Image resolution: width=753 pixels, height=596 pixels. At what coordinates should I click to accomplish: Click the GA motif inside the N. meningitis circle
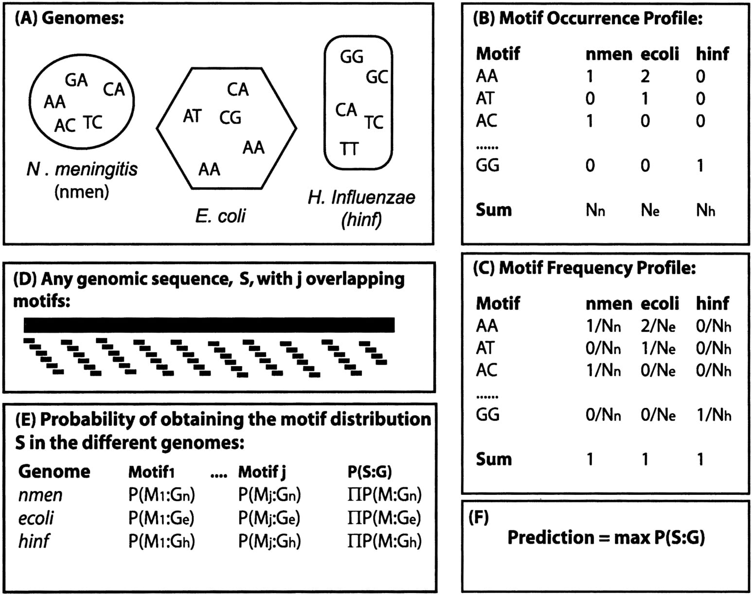(76, 80)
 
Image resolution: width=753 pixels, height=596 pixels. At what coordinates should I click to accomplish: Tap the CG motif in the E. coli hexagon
(230, 118)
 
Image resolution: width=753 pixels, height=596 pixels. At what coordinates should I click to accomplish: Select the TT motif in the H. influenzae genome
(349, 149)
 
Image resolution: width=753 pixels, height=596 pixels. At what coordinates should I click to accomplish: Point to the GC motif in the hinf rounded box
(377, 77)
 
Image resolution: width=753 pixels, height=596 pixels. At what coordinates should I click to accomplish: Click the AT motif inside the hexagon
(193, 116)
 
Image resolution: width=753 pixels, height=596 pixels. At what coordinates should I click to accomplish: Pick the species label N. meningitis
(82, 169)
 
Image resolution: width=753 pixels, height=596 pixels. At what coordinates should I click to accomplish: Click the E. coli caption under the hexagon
(220, 215)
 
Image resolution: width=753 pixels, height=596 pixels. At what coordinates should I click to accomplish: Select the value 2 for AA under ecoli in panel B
(645, 76)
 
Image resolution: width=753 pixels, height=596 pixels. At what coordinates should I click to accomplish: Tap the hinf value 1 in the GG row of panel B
(700, 165)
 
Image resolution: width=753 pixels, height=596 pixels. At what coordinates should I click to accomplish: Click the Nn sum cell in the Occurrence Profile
(595, 210)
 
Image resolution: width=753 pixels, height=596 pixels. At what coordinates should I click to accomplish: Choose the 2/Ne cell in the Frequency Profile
(658, 326)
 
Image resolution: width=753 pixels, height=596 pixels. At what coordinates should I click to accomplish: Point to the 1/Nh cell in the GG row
(714, 415)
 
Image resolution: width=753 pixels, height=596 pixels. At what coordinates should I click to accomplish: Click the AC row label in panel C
(486, 370)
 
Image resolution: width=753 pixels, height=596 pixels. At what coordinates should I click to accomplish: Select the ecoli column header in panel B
(660, 54)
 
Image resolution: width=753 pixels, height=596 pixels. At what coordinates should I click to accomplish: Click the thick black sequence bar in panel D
(209, 325)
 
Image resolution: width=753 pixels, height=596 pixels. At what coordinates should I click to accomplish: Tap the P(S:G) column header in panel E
(370, 472)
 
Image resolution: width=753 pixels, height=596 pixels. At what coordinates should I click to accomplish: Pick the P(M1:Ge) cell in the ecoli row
(161, 518)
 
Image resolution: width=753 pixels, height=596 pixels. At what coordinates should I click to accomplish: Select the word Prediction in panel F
(551, 537)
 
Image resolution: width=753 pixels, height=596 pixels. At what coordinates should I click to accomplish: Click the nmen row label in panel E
(40, 495)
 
